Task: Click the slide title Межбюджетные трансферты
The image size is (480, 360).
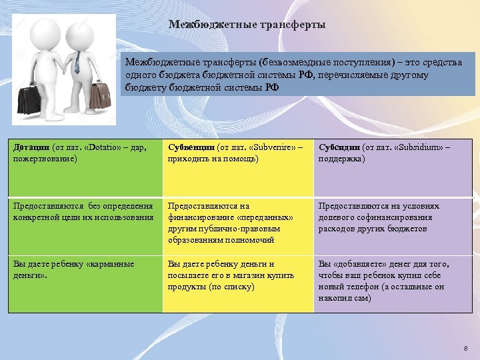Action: pos(247,25)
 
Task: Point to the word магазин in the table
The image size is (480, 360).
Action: pos(256,275)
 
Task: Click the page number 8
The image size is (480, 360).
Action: pos(465,349)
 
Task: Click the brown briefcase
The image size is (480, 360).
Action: pos(100,97)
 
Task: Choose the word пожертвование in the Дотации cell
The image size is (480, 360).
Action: pos(44,159)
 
